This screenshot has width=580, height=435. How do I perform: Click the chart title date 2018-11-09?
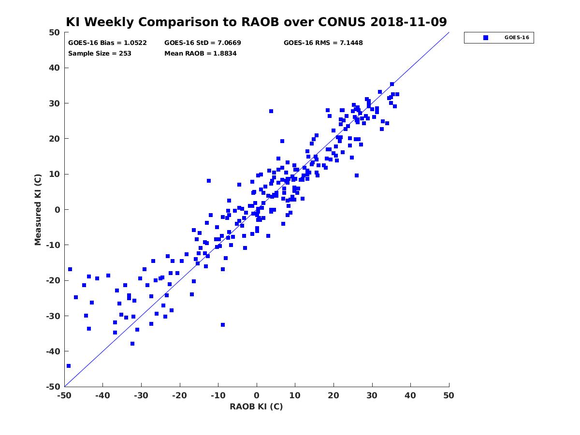[408, 22]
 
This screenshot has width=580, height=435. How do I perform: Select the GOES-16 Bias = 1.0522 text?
[107, 43]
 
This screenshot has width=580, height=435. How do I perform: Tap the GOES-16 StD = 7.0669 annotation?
[203, 43]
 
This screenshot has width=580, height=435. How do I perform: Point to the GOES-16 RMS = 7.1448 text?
[323, 43]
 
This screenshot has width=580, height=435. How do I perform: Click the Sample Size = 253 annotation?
[100, 54]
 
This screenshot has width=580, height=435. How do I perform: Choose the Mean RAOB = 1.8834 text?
[200, 54]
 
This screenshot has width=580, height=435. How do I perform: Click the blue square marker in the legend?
[486, 38]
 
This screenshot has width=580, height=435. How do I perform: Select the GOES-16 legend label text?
[517, 38]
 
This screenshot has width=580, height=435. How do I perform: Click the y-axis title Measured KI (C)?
[38, 210]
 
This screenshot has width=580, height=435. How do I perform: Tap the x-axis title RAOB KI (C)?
[256, 406]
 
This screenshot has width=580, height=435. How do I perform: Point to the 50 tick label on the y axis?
[55, 32]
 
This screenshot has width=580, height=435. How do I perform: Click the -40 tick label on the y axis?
[53, 351]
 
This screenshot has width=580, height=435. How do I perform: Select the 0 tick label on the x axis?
[257, 395]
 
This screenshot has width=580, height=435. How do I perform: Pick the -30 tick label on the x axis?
[141, 395]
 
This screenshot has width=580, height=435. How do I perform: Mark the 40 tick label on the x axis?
[410, 395]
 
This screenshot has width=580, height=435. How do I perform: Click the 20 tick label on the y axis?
[55, 139]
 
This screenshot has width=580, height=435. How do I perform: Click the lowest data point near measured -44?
[69, 366]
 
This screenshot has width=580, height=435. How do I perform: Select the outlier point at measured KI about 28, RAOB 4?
[271, 111]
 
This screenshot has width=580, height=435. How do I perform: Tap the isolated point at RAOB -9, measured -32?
[223, 325]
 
